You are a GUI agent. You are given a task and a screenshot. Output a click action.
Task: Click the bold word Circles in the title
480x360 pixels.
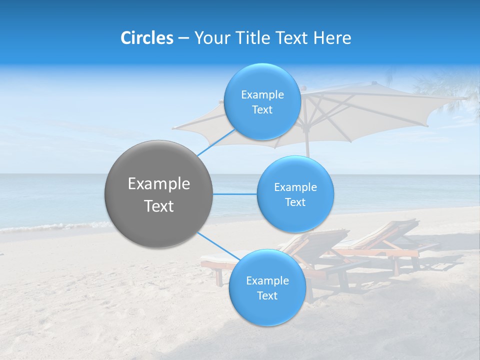tap(146, 38)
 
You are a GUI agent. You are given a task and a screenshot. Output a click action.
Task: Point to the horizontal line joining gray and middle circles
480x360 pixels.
tap(234, 194)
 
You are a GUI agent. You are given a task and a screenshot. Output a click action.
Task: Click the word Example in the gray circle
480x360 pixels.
tap(159, 184)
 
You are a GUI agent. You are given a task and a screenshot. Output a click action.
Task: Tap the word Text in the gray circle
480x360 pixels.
tap(159, 206)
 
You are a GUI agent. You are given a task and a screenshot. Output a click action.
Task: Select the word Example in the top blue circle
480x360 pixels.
tap(262, 95)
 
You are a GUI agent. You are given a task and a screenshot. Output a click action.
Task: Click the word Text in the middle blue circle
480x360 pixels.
tap(295, 202)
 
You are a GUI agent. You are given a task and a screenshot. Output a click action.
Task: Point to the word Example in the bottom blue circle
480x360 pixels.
tap(267, 281)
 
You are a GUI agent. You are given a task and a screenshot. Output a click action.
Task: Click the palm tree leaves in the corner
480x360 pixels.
tap(450, 90)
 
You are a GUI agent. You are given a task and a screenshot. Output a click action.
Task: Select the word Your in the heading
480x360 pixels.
tap(210, 38)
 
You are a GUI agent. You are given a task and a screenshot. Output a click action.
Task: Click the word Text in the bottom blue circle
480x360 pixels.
tap(267, 296)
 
